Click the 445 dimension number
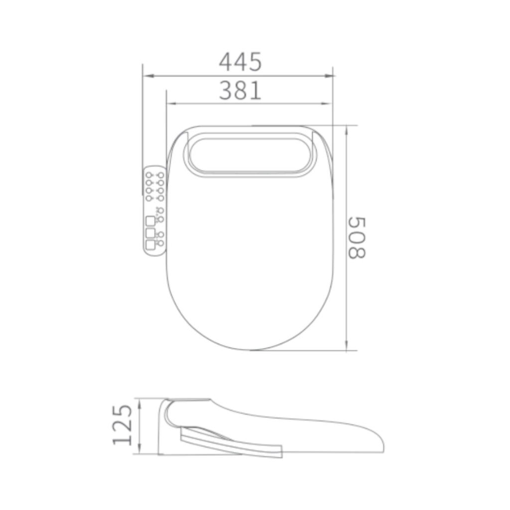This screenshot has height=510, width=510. (x=240, y=62)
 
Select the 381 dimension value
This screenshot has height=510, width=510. (x=240, y=90)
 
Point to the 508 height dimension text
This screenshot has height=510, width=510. (x=357, y=238)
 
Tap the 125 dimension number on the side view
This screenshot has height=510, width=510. (x=123, y=425)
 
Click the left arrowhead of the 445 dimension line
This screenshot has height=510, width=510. (x=148, y=76)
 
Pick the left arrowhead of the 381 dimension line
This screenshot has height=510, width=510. (x=172, y=104)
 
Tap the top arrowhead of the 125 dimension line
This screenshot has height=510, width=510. (x=139, y=403)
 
